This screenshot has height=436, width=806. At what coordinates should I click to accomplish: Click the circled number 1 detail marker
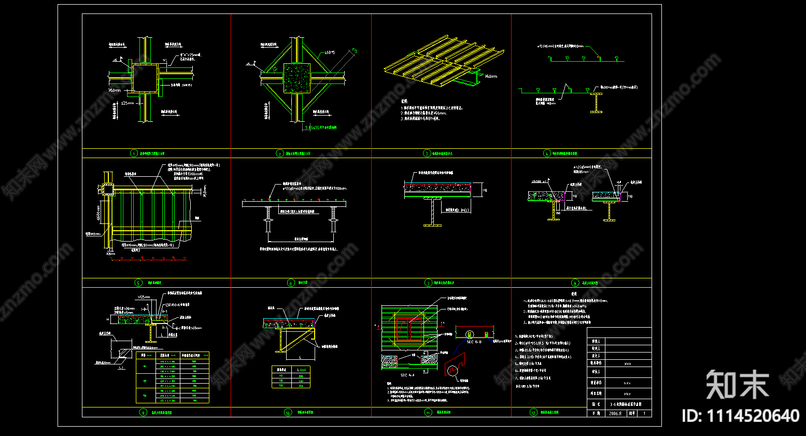(134, 153)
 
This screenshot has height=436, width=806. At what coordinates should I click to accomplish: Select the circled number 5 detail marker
(138, 283)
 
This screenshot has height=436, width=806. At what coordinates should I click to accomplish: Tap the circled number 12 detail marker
(533, 413)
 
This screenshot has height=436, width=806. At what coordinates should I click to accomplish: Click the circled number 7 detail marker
(428, 283)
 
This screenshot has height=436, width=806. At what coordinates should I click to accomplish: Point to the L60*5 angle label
(330, 53)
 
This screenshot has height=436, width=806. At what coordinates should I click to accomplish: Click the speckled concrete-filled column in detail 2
(297, 78)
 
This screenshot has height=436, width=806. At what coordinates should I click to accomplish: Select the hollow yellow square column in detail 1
(145, 78)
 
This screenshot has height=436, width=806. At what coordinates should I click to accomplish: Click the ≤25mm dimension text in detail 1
(127, 103)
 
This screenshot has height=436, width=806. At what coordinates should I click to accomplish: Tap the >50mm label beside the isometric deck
(490, 76)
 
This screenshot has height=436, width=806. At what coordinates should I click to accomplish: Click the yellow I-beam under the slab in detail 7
(432, 212)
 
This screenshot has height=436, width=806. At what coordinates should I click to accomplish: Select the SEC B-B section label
(474, 342)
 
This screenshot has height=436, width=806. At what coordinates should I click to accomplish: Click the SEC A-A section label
(407, 375)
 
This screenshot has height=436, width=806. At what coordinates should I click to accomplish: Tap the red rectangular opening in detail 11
(407, 329)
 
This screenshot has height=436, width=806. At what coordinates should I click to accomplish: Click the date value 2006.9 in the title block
(615, 413)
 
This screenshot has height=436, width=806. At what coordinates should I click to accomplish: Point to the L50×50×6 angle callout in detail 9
(177, 305)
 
